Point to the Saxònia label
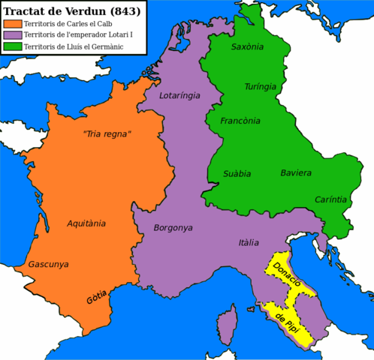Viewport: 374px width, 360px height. [x=247, y=46]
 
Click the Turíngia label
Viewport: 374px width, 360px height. [x=260, y=87]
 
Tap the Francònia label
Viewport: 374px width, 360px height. [x=240, y=121]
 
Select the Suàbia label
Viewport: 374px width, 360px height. [x=237, y=173]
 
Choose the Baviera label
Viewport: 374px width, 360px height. [x=295, y=172]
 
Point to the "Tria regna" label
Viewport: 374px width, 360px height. [x=106, y=134]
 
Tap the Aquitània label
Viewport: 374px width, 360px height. [x=86, y=223]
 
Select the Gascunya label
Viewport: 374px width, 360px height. [x=48, y=265]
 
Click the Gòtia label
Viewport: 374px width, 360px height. [x=96, y=296]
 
